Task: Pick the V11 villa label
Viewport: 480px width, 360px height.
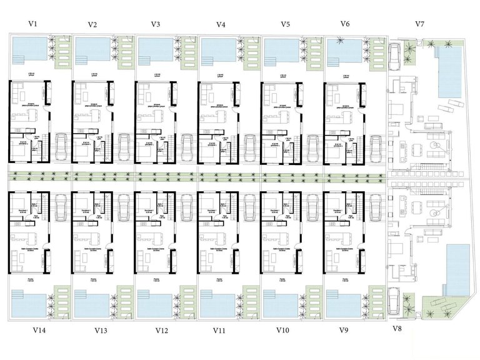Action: point(219,329)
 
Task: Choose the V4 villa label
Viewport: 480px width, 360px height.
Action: point(221,24)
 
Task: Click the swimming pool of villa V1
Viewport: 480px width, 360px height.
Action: point(29,48)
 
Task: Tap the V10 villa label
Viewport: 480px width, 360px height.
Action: point(282,329)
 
